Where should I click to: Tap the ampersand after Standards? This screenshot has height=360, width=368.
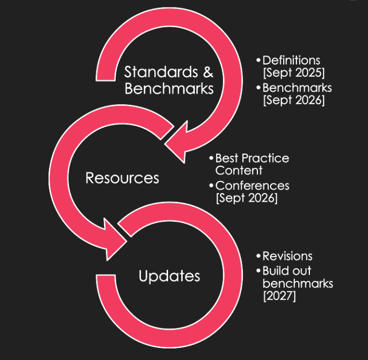(208, 72)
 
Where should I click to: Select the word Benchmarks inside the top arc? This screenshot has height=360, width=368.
(169, 89)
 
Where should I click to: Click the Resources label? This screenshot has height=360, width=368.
(122, 178)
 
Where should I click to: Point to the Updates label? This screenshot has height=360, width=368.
(169, 276)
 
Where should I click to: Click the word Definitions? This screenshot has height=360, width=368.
(291, 61)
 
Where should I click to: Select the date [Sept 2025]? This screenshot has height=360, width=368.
(293, 73)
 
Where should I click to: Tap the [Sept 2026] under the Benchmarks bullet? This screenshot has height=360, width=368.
(293, 100)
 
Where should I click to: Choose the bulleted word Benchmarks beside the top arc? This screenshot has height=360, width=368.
(297, 88)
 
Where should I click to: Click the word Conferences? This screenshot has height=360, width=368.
(252, 186)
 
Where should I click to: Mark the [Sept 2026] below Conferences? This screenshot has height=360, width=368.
(247, 198)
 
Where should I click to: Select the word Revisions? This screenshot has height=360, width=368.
(287, 256)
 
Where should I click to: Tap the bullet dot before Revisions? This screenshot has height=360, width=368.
(258, 257)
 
